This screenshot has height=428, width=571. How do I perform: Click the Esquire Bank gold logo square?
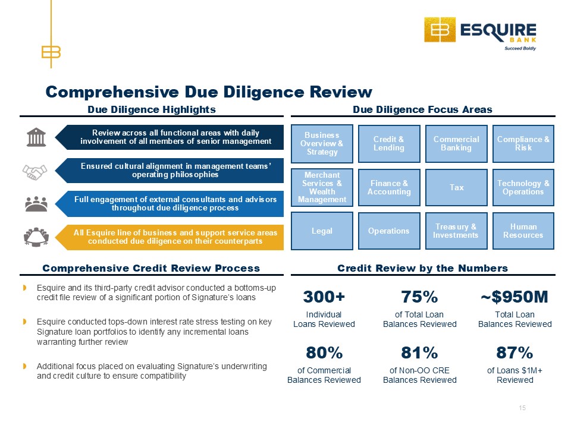[440, 30]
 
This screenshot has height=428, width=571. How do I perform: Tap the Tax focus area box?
[456, 187]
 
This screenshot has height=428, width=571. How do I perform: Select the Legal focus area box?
[322, 231]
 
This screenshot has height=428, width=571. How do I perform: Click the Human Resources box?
[523, 231]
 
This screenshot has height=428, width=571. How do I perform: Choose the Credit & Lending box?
[389, 143]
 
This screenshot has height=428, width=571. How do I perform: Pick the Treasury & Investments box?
[456, 231]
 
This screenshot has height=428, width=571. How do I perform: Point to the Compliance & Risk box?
[523, 143]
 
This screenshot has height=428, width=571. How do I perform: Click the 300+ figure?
[324, 297]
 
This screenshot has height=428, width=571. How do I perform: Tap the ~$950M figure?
[514, 297]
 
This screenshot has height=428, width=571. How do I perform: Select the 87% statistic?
[514, 353]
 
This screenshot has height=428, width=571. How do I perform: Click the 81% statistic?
[419, 353]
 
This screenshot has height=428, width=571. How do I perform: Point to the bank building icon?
[36, 137]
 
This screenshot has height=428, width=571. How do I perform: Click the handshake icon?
[34, 172]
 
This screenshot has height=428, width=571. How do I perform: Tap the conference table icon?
[36, 237]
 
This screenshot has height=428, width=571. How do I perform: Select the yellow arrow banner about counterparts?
[170, 237]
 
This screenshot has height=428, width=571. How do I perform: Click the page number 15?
[522, 408]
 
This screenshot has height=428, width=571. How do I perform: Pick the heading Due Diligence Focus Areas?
[422, 109]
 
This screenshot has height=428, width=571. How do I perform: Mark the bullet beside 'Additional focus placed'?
[25, 366]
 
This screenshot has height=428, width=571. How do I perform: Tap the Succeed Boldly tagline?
[520, 48]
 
